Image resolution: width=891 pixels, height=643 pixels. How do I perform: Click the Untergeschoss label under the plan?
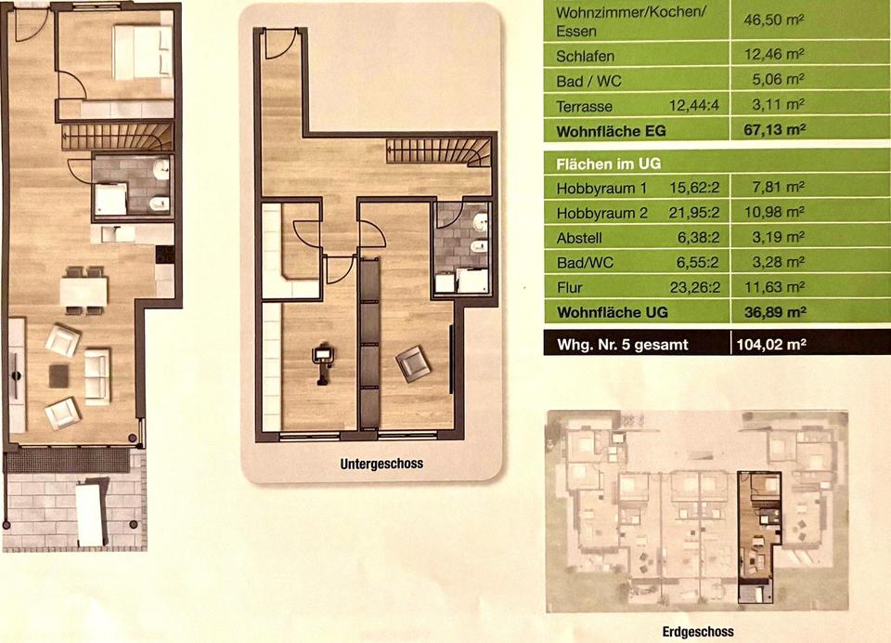pyautogui.click(x=381, y=464)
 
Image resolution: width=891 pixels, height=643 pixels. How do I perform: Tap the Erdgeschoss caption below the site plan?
pyautogui.click(x=698, y=632)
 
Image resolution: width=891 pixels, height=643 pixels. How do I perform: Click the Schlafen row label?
pyautogui.click(x=586, y=57)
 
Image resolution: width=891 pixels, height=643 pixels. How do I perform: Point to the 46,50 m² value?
pyautogui.click(x=773, y=20)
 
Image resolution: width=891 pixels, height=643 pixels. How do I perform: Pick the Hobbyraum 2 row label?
pyautogui.click(x=601, y=214)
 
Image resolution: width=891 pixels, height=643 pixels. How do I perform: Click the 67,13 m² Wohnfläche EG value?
pyautogui.click(x=774, y=130)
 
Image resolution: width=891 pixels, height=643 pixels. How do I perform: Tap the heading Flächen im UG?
pyautogui.click(x=609, y=164)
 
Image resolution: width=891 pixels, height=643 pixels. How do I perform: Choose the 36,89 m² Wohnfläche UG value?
pyautogui.click(x=775, y=312)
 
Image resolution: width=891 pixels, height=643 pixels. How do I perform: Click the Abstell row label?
pyautogui.click(x=579, y=238)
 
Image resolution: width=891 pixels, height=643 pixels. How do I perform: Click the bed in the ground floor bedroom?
pyautogui.click(x=142, y=52)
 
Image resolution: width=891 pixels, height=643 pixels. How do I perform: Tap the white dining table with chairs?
pyautogui.click(x=84, y=290)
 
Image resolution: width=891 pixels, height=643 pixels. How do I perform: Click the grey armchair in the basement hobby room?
pyautogui.click(x=412, y=363)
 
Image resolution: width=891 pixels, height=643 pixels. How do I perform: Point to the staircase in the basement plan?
pyautogui.click(x=438, y=152)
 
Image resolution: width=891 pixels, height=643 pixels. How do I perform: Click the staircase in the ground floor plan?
pyautogui.click(x=117, y=137)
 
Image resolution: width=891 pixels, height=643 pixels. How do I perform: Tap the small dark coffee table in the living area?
pyautogui.click(x=58, y=376)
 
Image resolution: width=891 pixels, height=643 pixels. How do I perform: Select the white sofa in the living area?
pyautogui.click(x=97, y=376)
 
